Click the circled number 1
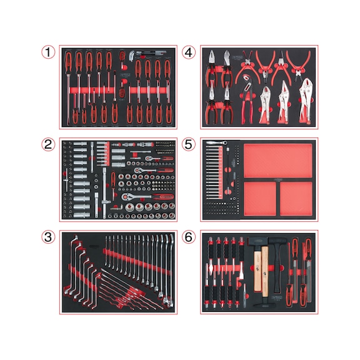pyautogui.click(x=48, y=54)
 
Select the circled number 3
pyautogui.click(x=48, y=237)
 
